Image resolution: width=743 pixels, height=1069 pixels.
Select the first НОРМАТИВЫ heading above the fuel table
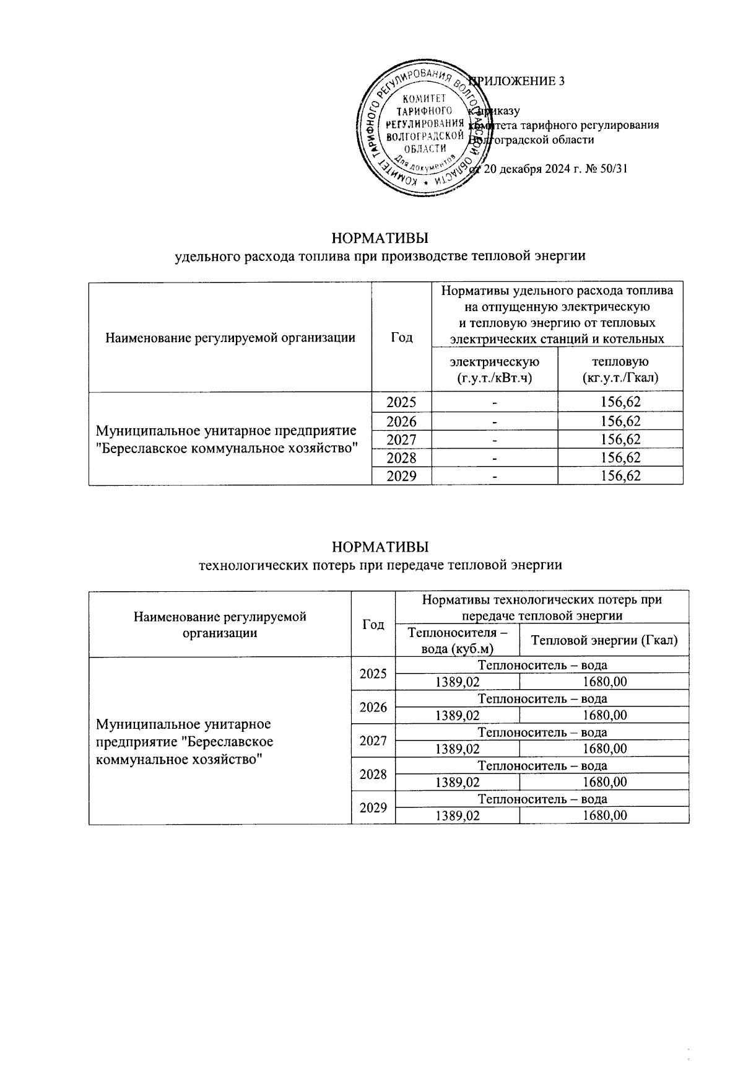coord(380,238)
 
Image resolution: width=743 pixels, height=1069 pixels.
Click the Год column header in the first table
coord(401,337)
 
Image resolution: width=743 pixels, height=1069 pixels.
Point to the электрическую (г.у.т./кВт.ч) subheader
coord(494,369)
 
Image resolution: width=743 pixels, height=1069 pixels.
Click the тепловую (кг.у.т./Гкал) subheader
coord(620,369)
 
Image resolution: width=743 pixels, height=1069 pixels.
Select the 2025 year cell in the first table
coord(401,402)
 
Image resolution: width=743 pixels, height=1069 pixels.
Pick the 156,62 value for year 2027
coord(620,439)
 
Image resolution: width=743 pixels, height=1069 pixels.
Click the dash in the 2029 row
coord(494,477)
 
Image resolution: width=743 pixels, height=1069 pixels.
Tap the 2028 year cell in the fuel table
coord(401,458)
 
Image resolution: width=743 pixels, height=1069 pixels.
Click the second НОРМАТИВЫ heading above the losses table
coord(380,547)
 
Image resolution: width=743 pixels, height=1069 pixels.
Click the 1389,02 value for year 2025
coord(457,682)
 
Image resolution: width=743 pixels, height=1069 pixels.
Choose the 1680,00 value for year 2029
coord(604,816)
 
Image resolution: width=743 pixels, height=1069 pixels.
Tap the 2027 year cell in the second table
coord(373,741)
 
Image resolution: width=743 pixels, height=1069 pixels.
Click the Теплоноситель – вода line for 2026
coord(542,699)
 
